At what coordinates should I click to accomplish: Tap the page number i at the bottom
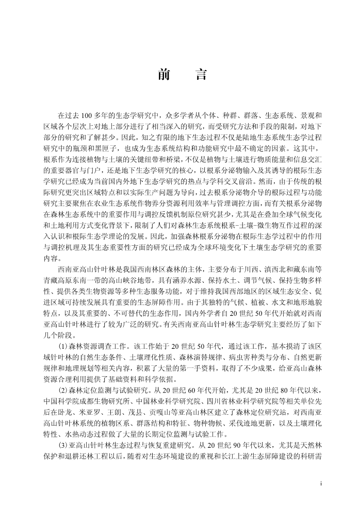point(321,484)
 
